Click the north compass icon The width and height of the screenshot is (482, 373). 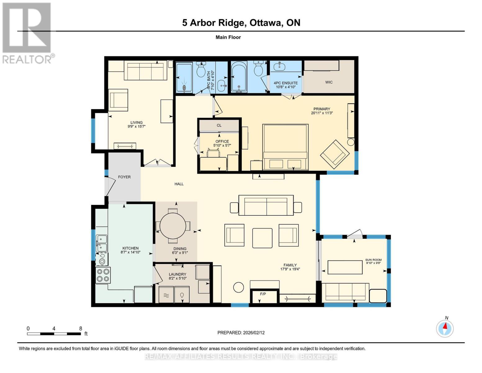pos(445,328)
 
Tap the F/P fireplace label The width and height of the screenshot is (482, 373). pos(263,294)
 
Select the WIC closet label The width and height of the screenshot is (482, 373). pos(329,82)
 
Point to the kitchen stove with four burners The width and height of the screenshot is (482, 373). pos(103,275)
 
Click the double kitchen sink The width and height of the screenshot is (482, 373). pos(101,243)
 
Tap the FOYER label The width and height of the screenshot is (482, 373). pos(124,177)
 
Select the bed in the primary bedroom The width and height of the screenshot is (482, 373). pos(285,147)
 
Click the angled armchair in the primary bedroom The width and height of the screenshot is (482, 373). pos(335,153)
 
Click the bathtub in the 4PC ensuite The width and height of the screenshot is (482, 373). pos(239,77)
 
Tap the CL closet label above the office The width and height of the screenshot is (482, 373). pos(219,125)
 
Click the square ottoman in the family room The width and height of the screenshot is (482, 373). pos(262,238)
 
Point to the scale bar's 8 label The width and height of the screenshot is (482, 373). pos(80,328)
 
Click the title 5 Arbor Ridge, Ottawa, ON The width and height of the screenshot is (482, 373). pos(241,23)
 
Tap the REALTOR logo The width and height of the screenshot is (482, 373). pos(27,33)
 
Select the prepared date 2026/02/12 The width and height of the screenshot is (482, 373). pos(241,333)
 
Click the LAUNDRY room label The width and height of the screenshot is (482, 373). pos(177,274)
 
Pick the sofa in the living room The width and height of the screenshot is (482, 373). pos(146,71)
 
